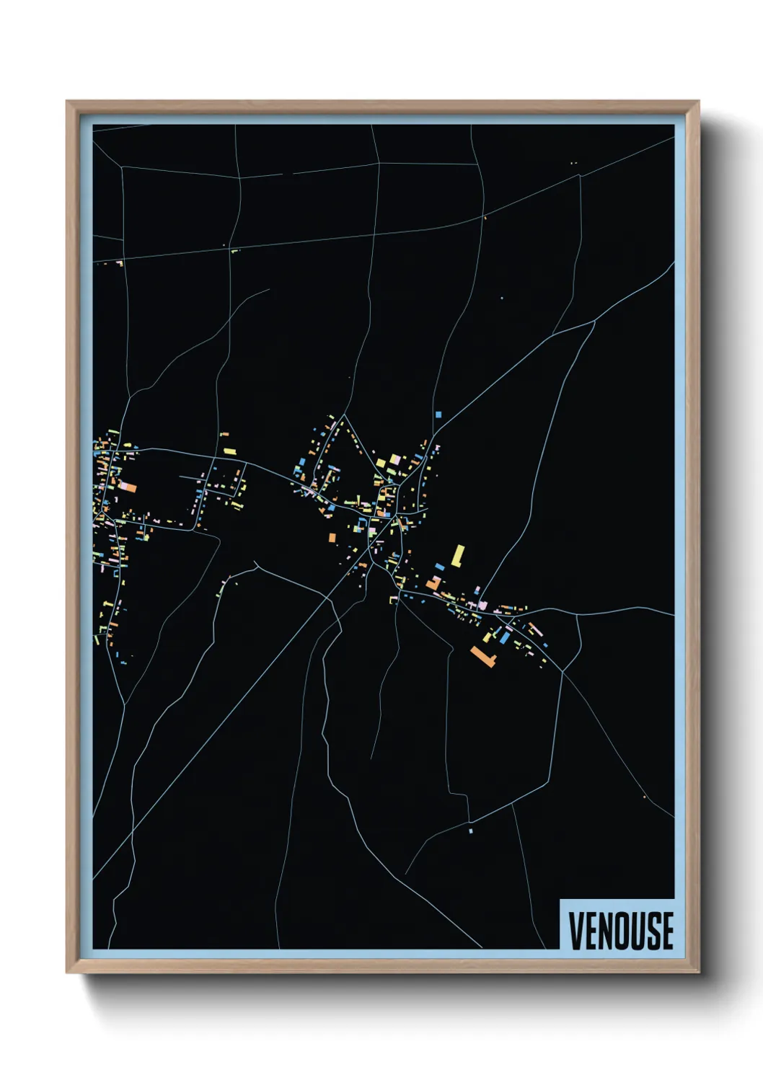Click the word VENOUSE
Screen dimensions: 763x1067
coord(621,930)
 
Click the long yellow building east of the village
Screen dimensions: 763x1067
coord(457,556)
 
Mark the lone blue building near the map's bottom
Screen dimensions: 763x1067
coord(471,831)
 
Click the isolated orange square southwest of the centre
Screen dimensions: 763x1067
coord(332,537)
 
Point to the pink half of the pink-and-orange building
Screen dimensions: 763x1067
coord(124,488)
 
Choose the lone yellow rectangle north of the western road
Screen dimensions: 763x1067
coord(230,451)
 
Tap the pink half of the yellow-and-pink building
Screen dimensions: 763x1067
coord(396,458)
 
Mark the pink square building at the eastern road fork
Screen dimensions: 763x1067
coord(482,606)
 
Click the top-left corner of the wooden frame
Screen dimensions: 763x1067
coord(67,102)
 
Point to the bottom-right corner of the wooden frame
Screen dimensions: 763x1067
coord(698,973)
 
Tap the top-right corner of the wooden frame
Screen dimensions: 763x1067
coord(698,102)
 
